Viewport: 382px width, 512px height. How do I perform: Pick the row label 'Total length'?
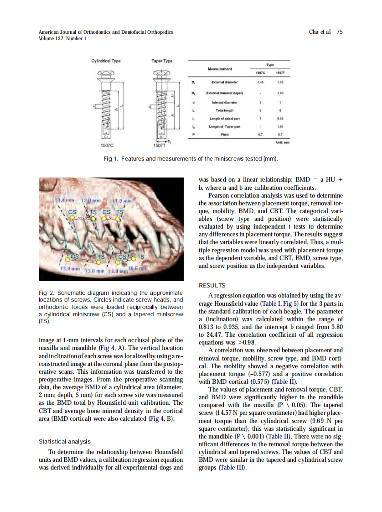click(x=225, y=110)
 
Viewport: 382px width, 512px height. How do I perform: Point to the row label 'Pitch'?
click(x=225, y=135)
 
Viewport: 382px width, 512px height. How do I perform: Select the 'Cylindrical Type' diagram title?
click(x=106, y=61)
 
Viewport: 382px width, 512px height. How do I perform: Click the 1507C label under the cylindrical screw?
click(x=106, y=146)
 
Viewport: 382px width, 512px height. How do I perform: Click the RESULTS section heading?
click(x=212, y=286)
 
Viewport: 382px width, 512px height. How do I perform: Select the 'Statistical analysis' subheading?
click(x=64, y=442)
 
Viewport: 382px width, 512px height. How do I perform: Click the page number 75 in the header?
click(x=339, y=32)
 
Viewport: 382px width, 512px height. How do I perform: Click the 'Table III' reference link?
click(x=232, y=468)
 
